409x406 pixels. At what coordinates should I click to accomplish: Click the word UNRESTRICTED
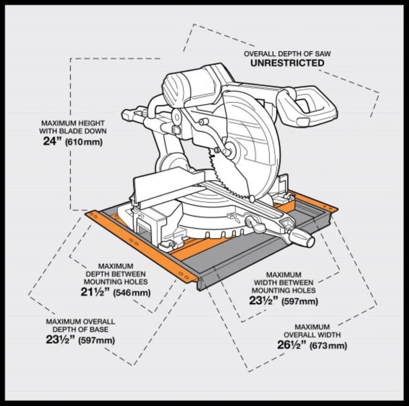pyautogui.click(x=287, y=63)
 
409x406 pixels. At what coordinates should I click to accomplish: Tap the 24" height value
pyautogui.click(x=53, y=142)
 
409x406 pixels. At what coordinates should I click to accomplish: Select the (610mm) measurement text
pyautogui.click(x=84, y=142)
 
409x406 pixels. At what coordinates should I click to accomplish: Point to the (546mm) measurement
pyautogui.click(x=132, y=293)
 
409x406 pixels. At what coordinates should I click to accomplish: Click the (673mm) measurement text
pyautogui.click(x=328, y=345)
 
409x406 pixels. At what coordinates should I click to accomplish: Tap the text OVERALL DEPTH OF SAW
pyautogui.click(x=288, y=54)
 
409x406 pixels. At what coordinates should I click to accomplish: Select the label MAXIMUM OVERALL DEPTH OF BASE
pyautogui.click(x=80, y=326)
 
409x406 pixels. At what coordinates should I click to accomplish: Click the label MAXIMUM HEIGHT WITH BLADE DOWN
pyautogui.click(x=72, y=127)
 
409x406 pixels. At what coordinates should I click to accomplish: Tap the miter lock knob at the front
pyautogui.click(x=302, y=239)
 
